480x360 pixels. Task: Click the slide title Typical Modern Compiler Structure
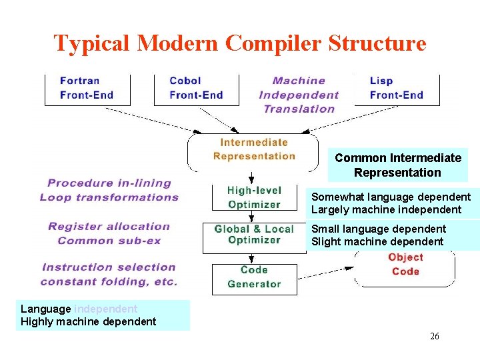tap(240, 43)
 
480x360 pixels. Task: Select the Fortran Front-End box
tap(87, 88)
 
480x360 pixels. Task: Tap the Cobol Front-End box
tap(196, 88)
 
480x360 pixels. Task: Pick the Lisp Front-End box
tap(396, 88)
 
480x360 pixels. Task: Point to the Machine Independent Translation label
tap(299, 95)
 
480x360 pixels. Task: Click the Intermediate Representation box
tap(254, 149)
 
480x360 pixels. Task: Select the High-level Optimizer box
tap(254, 197)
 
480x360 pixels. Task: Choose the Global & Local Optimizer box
tap(254, 235)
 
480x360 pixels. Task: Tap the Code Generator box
tap(254, 277)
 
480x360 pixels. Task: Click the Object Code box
tap(405, 265)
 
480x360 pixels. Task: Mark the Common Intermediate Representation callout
tap(398, 165)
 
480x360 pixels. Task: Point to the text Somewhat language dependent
tap(391, 197)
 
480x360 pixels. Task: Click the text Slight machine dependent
tap(377, 242)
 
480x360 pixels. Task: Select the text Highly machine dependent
tap(89, 322)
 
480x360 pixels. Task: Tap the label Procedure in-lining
tap(109, 183)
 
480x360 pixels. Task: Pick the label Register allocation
tap(109, 227)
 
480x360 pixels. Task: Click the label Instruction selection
tap(109, 267)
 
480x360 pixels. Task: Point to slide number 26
tap(435, 336)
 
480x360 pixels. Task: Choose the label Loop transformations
tap(109, 197)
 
